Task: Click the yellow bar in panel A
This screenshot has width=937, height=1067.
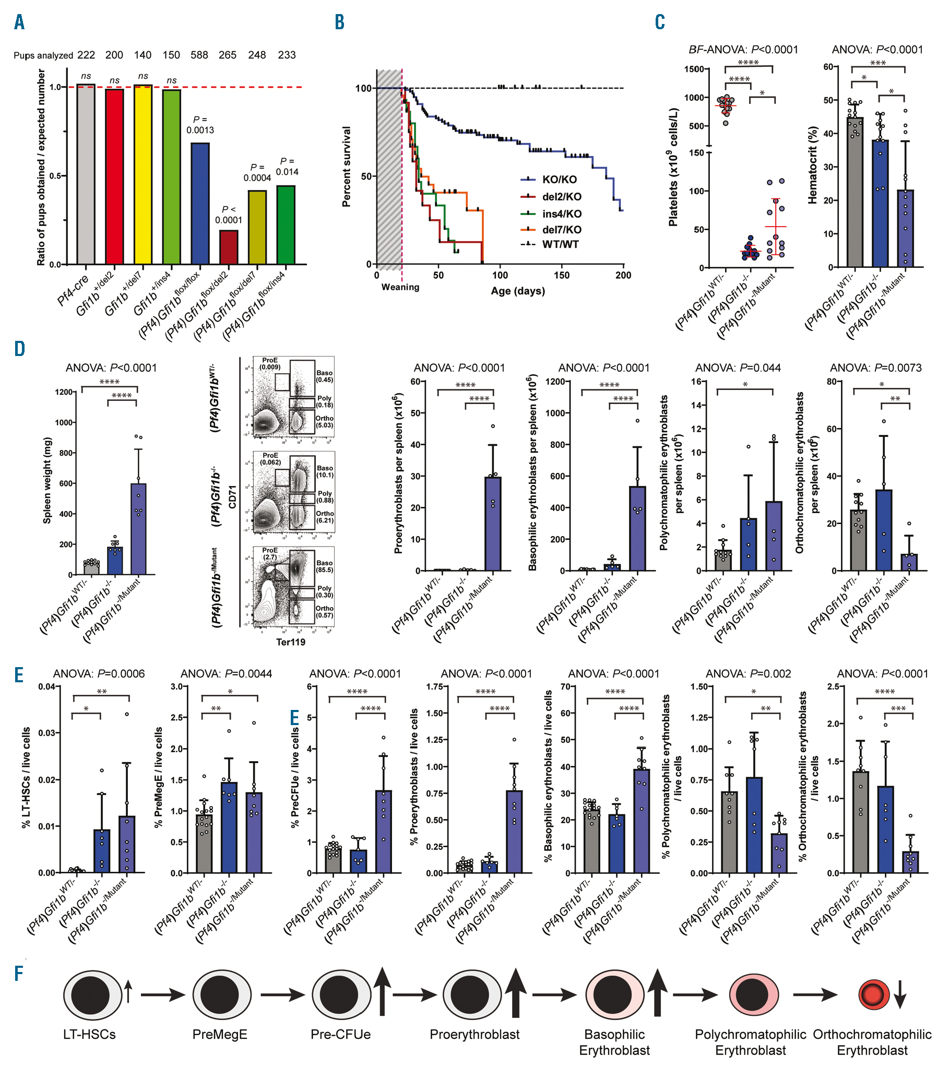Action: pos(143,175)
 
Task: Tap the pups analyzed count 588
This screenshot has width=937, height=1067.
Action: pos(199,55)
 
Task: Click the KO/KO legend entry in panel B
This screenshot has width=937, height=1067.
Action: pos(559,180)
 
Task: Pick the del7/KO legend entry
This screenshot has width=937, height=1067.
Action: pos(561,230)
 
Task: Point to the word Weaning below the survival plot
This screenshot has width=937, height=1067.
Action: pos(400,287)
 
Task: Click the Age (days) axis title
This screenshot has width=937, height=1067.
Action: pos(517,291)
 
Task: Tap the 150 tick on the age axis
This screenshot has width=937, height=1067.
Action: pos(562,275)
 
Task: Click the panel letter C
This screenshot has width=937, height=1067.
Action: pos(660,22)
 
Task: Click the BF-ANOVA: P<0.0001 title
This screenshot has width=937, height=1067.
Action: pos(743,50)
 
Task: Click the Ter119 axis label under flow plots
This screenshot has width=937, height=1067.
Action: pos(290,642)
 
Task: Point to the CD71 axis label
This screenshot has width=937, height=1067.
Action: pos(232,496)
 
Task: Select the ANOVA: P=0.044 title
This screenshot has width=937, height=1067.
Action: pos(738,368)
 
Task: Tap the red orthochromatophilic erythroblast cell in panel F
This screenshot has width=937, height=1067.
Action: pos(874,994)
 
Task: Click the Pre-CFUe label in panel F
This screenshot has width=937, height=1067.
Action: pos(340,1034)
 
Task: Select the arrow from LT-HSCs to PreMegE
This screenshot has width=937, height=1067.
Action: pos(162,995)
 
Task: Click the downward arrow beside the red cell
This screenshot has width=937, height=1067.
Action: pos(900,994)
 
